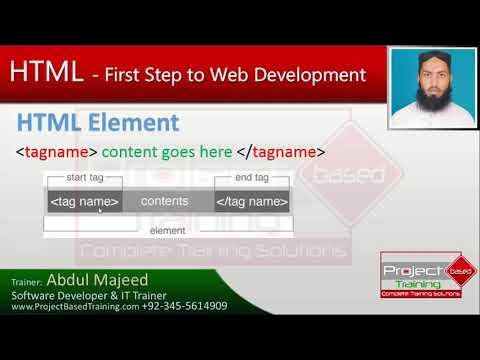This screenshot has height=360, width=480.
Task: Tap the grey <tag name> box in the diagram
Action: click(84, 201)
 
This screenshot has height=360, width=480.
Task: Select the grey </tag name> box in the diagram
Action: click(252, 201)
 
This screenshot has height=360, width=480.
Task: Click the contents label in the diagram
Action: click(165, 201)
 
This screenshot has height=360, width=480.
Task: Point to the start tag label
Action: click(84, 177)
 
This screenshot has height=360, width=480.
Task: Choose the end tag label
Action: click(251, 177)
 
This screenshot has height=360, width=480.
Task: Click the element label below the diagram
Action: click(167, 230)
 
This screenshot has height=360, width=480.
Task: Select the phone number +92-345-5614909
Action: click(185, 306)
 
